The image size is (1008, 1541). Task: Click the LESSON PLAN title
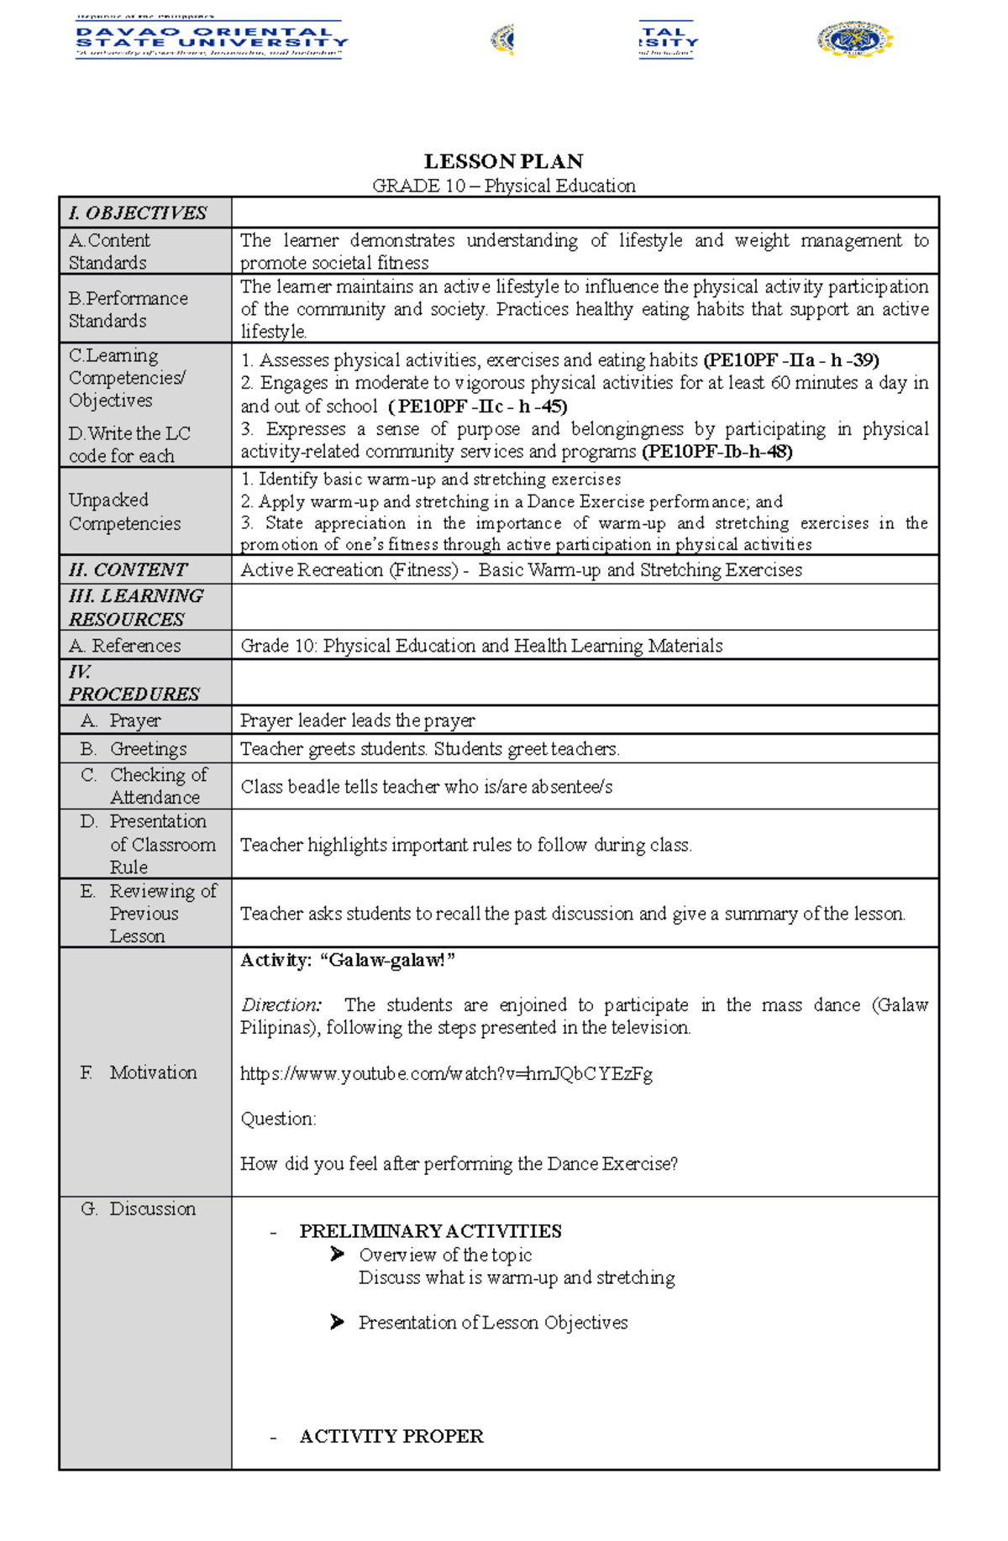[503, 161]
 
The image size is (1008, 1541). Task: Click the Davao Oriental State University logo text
[212, 39]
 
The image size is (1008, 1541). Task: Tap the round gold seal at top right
[854, 39]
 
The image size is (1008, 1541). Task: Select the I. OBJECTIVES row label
[138, 213]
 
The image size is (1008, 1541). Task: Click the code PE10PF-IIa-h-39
[791, 360]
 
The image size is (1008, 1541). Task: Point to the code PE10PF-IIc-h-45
[479, 406]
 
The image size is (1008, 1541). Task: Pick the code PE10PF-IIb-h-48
[717, 452]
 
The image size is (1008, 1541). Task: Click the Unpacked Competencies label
[124, 511]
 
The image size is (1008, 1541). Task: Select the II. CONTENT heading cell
[128, 569]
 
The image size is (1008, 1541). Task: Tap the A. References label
[125, 645]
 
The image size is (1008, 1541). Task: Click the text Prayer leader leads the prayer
[357, 721]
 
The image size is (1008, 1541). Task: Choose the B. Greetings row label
[134, 748]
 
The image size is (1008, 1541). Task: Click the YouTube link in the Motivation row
[446, 1073]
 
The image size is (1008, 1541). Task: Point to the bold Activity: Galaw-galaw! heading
[348, 960]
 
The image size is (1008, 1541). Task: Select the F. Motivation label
[139, 1072]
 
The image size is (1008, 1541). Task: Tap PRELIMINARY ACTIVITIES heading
[430, 1231]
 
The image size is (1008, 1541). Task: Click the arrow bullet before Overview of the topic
[337, 1254]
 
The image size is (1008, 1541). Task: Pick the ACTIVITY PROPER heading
[391, 1436]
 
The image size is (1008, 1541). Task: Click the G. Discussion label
[139, 1208]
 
